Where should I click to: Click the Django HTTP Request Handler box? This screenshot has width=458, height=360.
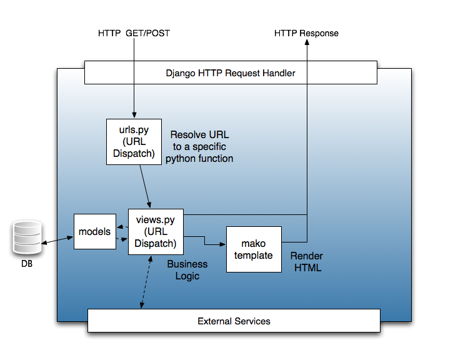tap(231, 72)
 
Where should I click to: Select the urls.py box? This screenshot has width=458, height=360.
tap(134, 141)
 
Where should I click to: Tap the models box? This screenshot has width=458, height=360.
tap(94, 231)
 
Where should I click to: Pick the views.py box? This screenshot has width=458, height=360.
tap(156, 231)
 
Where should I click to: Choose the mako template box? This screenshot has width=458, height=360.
tap(254, 249)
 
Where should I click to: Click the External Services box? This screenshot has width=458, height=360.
tap(234, 321)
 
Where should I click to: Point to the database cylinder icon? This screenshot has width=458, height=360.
tap(27, 236)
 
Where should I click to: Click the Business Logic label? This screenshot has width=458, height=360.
tap(187, 270)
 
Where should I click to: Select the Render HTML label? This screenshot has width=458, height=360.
tap(306, 262)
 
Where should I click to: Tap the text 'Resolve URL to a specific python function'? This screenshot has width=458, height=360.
tap(199, 147)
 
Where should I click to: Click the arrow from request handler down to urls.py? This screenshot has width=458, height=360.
tap(134, 100)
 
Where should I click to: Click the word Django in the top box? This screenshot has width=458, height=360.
tap(179, 73)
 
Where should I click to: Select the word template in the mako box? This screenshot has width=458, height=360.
tap(254, 255)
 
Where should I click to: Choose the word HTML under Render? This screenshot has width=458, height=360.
tap(306, 268)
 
